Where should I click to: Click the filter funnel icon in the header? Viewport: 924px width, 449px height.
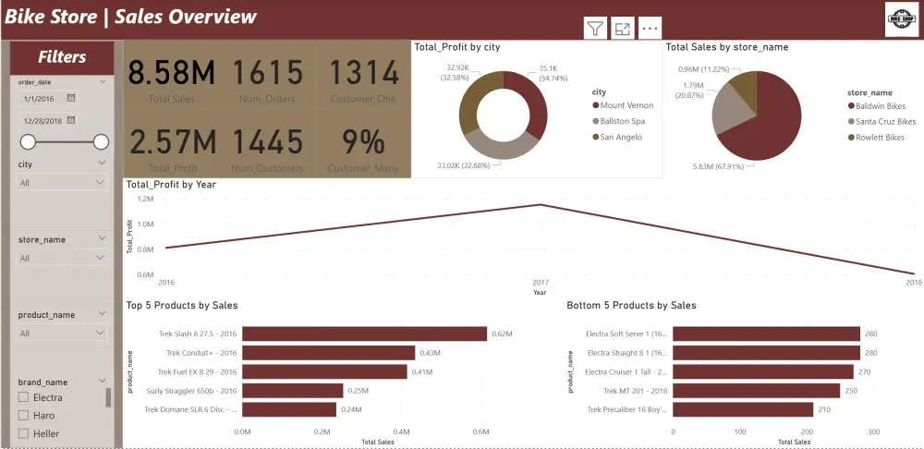coord(595,29)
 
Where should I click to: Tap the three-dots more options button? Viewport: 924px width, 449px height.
coord(650,29)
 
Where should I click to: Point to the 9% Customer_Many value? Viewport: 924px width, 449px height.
coord(359,142)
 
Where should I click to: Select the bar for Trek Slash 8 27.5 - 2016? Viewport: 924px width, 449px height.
coord(364,334)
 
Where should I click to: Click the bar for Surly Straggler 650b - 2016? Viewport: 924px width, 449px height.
coord(292,390)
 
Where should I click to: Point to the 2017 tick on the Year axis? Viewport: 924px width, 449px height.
coord(541,282)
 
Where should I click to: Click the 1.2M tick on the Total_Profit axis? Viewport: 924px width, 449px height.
coord(144,199)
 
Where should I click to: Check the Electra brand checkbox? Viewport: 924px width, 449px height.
coord(24,397)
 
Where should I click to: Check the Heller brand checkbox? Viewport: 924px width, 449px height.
coord(24,433)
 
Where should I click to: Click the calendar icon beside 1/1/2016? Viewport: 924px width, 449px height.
coord(71,98)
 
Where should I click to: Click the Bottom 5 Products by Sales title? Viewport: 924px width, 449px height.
coord(631,306)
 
